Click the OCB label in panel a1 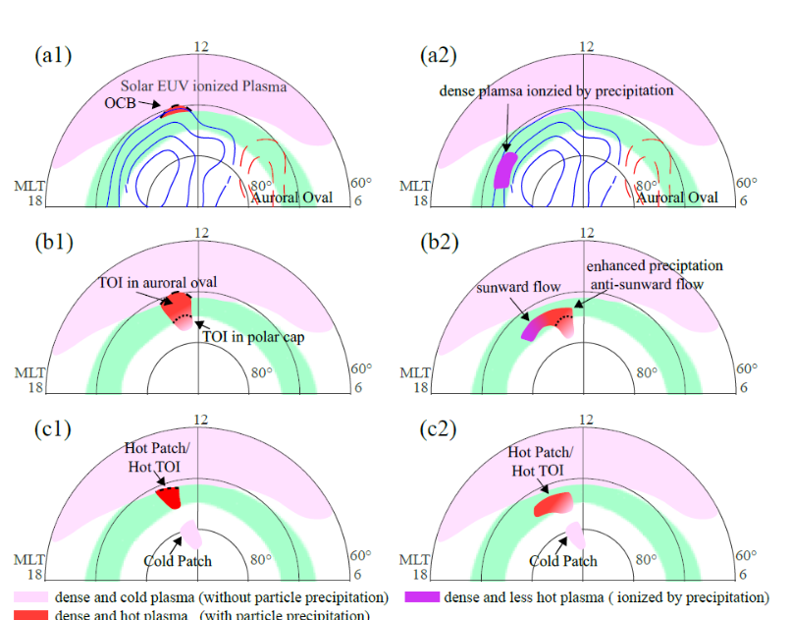pos(120,102)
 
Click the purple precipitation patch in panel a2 pos(504,168)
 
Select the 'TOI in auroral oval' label pos(157,282)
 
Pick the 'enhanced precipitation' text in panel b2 pos(655,266)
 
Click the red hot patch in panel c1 pos(170,495)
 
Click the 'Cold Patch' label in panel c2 pos(562,561)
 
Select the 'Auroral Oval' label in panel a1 pos(291,197)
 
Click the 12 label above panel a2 pos(587,46)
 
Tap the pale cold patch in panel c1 pos(191,535)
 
